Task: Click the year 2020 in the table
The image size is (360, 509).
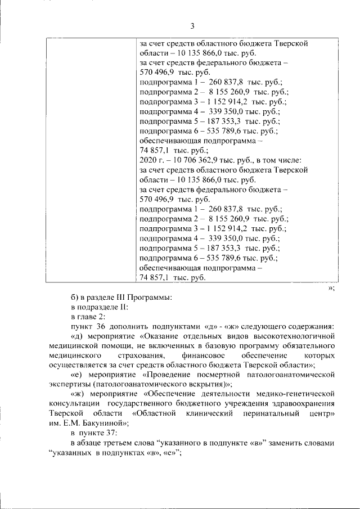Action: pos(147,160)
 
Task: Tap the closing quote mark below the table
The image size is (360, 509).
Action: pos(331,288)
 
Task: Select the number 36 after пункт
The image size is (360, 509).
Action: pos(100,327)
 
